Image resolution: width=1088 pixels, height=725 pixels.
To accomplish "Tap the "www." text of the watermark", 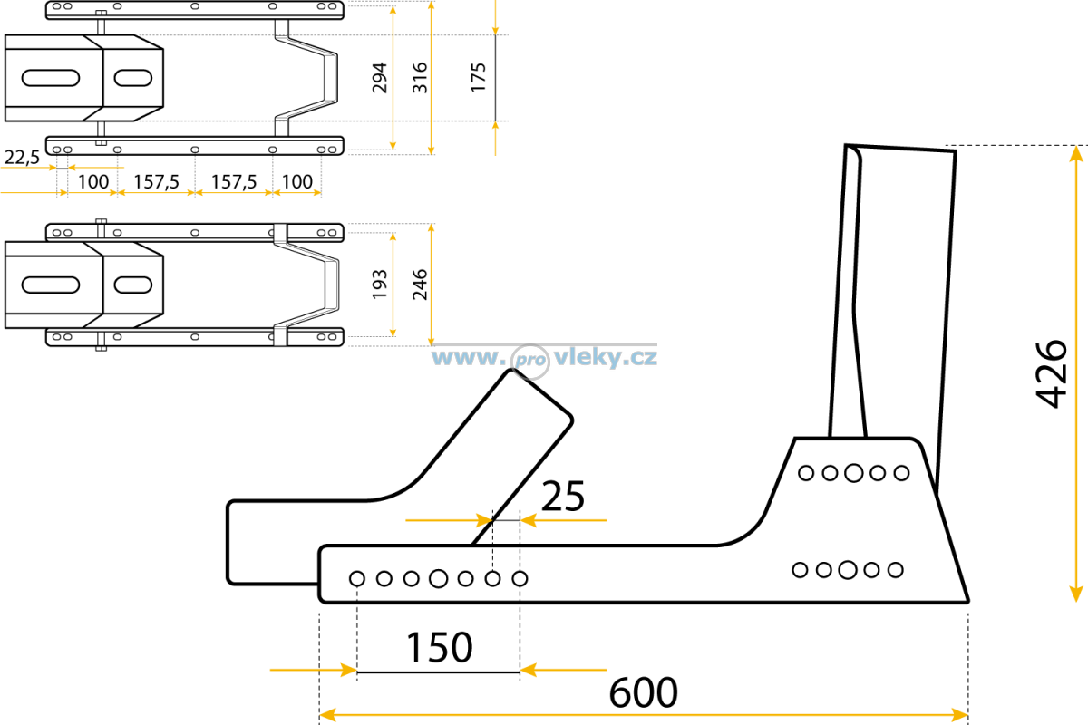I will click(x=466, y=357).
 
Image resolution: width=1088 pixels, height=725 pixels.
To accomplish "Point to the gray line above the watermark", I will click(x=544, y=344).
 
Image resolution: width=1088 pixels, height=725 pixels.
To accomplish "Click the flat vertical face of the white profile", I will click(x=332, y=285).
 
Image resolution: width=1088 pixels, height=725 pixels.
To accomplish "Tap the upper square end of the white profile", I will click(x=280, y=233).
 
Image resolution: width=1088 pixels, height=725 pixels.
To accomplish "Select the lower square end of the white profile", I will click(x=280, y=335).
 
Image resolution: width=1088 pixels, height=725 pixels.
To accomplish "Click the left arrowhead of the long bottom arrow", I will click(x=328, y=714).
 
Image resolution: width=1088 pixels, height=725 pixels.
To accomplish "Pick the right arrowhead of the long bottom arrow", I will click(x=959, y=714).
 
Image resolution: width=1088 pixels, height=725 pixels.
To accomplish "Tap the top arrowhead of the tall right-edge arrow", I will click(x=1076, y=154).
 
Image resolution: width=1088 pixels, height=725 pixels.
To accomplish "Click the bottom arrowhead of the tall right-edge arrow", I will click(x=1076, y=594).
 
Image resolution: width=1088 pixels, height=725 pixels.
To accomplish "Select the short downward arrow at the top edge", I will click(x=495, y=18).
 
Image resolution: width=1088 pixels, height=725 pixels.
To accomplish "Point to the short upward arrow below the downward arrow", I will click(x=495, y=138).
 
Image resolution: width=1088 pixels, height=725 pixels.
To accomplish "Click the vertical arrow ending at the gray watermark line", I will click(x=431, y=284).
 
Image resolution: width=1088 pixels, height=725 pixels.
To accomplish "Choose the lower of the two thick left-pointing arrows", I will click(x=562, y=670).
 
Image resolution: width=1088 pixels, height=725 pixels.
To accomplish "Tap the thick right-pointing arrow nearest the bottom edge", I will click(x=314, y=670).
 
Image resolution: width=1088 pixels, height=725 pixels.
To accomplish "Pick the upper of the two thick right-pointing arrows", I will click(x=448, y=520).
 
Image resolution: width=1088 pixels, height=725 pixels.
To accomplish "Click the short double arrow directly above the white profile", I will click(x=297, y=192).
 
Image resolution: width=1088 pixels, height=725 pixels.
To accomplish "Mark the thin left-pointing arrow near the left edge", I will click(x=95, y=167).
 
